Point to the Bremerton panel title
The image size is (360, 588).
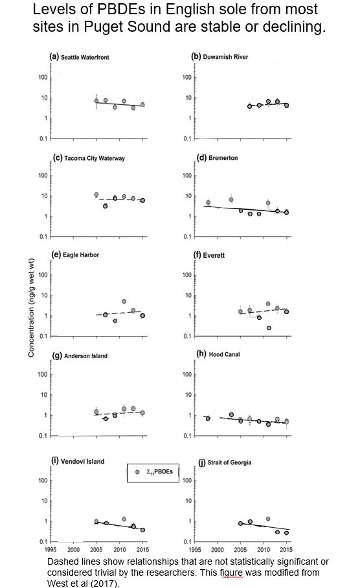click(218, 157)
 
